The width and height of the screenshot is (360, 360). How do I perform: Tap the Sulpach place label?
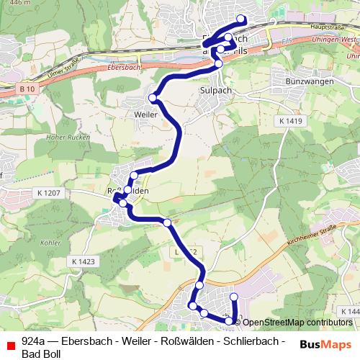tap(215, 91)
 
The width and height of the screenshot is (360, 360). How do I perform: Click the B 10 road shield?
tap(27, 86)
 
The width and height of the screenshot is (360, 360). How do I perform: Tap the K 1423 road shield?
tap(84, 261)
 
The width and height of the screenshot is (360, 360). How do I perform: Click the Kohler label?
tap(51, 243)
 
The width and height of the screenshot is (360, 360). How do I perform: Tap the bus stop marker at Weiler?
tap(153, 98)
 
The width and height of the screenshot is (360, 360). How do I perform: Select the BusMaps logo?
tap(328, 344)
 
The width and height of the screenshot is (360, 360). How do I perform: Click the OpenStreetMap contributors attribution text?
tap(297, 322)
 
